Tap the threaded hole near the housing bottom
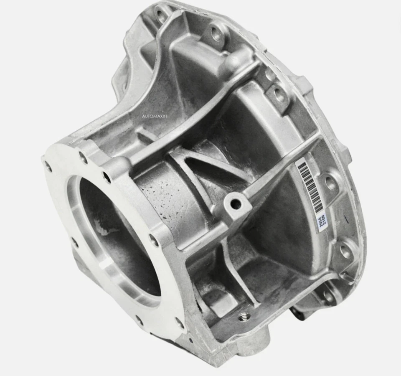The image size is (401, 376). [x=244, y=316]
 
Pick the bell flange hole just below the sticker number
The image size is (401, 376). [x=345, y=251]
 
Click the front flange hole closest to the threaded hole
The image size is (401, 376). [x=179, y=322]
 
